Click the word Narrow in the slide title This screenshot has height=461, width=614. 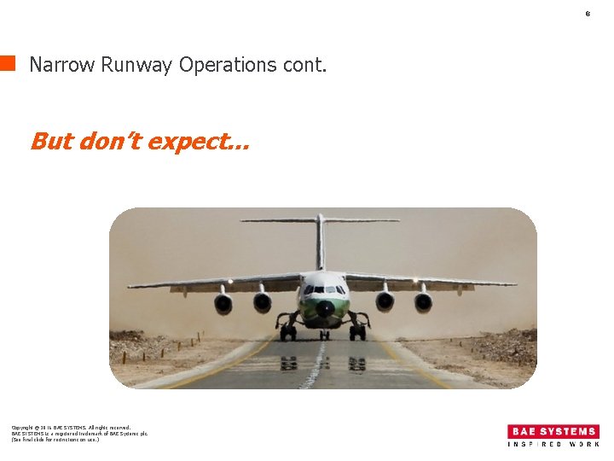61,65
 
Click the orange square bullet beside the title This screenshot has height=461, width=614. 8,62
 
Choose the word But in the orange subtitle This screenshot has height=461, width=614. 51,141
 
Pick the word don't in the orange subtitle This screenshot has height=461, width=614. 110,141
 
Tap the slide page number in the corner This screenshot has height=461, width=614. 588,14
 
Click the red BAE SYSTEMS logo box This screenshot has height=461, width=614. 553,432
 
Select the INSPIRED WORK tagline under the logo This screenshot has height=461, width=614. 553,445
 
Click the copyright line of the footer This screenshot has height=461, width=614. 71,428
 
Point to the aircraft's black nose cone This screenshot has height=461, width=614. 325,308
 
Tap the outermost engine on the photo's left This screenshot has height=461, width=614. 223,302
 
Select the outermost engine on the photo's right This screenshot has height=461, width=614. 423,301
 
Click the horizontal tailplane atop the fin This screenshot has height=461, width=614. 320,220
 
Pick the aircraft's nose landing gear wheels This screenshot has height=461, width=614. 325,334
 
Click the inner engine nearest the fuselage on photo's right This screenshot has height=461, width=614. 385,301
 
